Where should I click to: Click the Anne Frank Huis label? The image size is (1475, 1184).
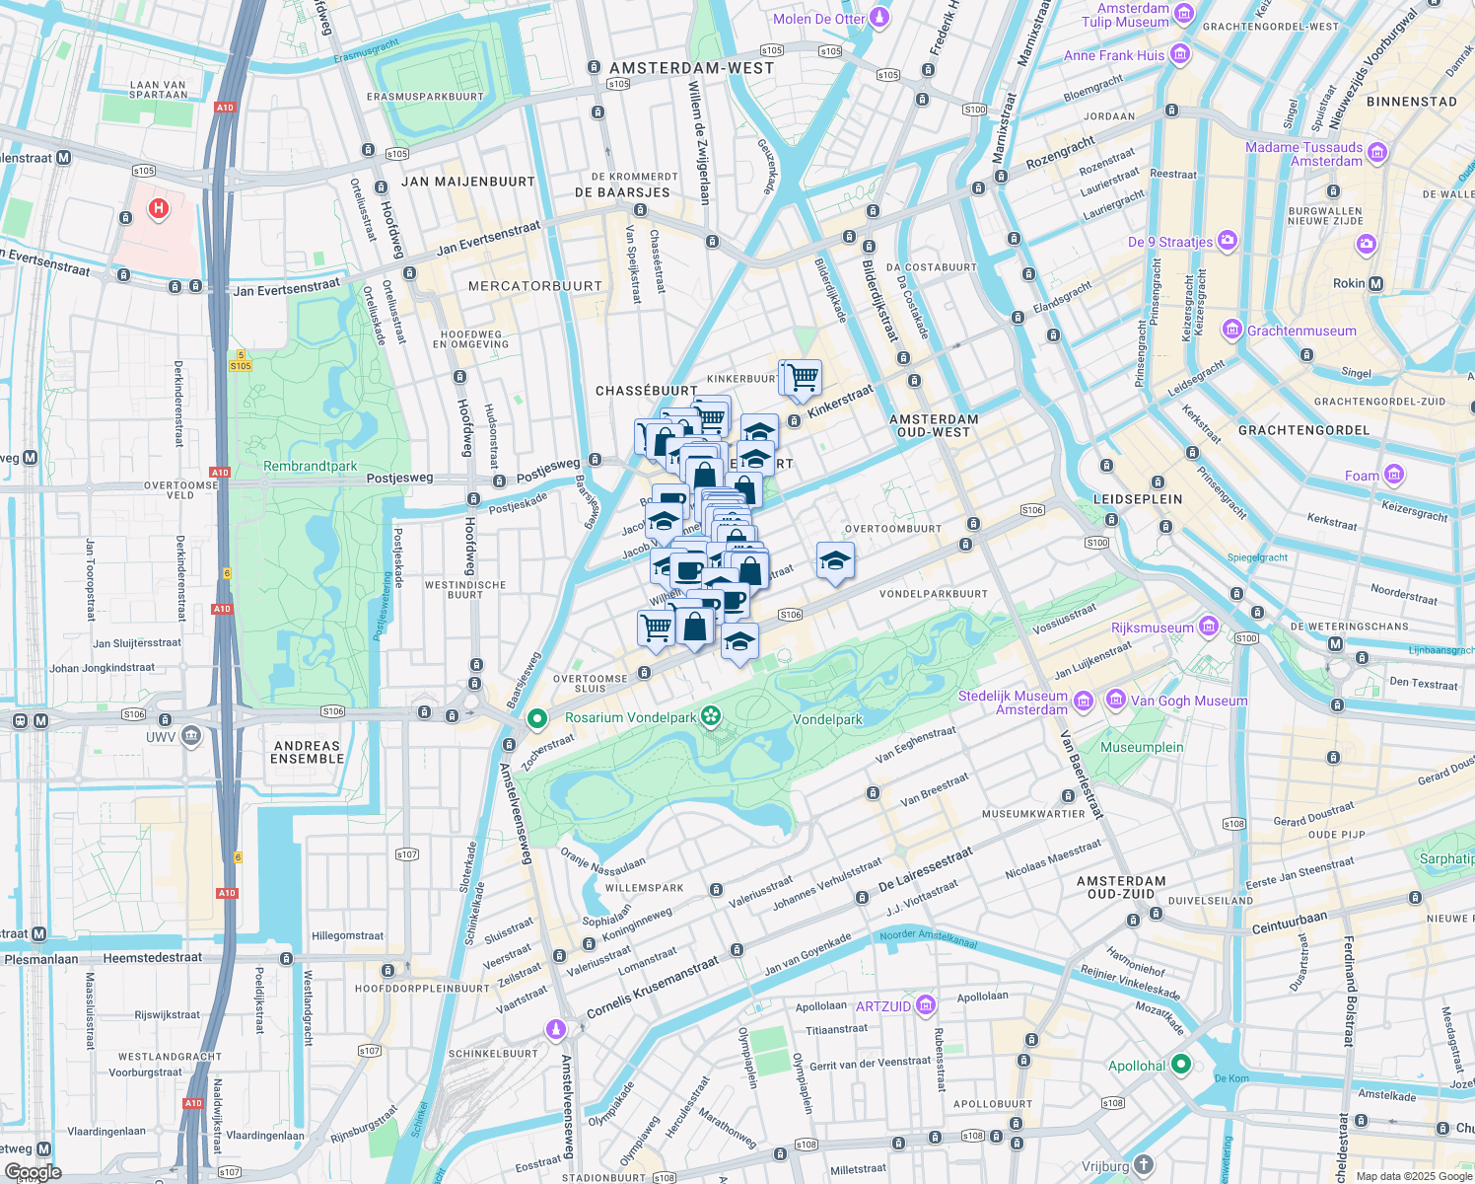tap(1113, 55)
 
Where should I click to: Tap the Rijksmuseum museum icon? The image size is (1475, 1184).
tap(1209, 628)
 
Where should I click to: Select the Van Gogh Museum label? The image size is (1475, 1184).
tap(1188, 701)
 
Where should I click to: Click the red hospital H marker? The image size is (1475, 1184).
tap(158, 208)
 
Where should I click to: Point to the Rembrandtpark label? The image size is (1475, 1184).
tap(310, 466)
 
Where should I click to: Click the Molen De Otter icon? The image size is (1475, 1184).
tap(879, 18)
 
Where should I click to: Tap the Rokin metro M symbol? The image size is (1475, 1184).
tap(1375, 283)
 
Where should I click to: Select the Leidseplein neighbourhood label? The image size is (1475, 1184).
tap(1137, 499)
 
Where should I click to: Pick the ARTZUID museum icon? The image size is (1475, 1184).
tap(925, 1005)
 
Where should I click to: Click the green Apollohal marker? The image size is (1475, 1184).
tap(1181, 1065)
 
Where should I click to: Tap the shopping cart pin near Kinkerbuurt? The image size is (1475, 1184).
tap(801, 376)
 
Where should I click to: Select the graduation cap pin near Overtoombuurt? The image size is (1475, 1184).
tap(835, 560)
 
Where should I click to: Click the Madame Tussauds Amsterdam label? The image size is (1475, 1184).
tap(1303, 154)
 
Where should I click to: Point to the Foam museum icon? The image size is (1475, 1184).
tap(1393, 475)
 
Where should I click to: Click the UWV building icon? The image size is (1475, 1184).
tap(191, 735)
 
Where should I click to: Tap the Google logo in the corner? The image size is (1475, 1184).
tap(33, 1172)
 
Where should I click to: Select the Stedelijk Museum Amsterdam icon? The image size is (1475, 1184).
tap(1083, 702)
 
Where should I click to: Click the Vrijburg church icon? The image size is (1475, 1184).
tap(1143, 1165)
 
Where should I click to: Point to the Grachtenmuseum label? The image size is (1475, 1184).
tap(1300, 331)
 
